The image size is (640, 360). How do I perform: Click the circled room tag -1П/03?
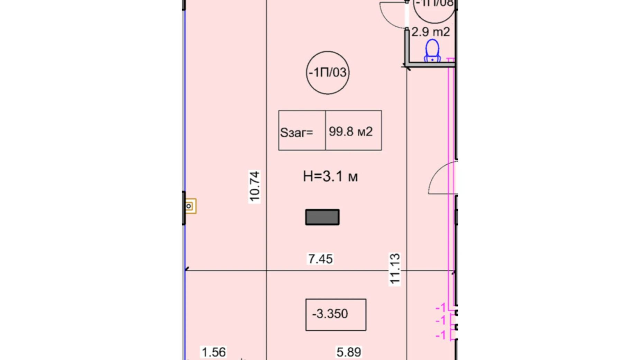327,73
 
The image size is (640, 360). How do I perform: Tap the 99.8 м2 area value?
350,132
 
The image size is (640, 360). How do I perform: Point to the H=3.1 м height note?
330,177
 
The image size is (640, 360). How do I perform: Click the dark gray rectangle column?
322,217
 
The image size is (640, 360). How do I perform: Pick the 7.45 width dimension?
320,259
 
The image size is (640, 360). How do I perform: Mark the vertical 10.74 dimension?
254,186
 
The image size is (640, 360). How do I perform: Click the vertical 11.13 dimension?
395,269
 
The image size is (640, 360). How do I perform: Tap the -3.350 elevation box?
335,314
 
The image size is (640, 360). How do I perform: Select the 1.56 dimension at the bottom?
213,352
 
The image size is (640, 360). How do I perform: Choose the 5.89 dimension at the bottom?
349,352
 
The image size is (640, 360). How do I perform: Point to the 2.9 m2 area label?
430,32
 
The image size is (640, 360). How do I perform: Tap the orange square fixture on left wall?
190,206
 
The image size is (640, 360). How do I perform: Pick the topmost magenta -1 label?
440,307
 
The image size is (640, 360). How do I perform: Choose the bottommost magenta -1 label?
440,335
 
